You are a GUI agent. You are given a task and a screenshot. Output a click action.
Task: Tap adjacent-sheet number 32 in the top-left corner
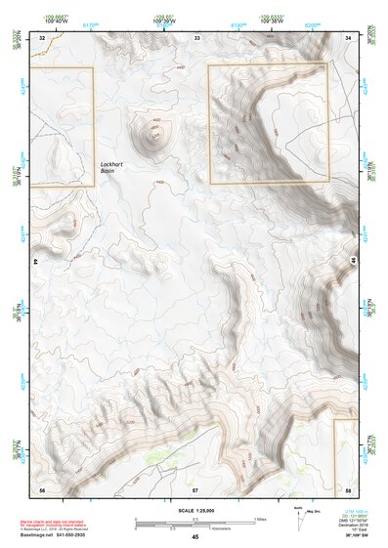pyautogui.click(x=42, y=37)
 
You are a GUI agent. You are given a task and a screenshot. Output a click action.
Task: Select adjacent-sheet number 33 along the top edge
pyautogui.click(x=196, y=37)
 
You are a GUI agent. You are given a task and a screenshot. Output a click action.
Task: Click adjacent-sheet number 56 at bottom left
pyautogui.click(x=42, y=486)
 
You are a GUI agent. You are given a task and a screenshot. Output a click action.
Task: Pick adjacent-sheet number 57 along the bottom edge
pyautogui.click(x=195, y=486)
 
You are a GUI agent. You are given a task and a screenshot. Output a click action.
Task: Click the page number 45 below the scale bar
pyautogui.click(x=195, y=537)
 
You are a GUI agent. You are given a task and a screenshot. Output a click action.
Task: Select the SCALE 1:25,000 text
pyautogui.click(x=194, y=510)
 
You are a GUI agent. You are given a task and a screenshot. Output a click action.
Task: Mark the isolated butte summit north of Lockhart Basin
pyautogui.click(x=153, y=132)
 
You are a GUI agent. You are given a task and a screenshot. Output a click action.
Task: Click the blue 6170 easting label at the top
pyautogui.click(x=91, y=24)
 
